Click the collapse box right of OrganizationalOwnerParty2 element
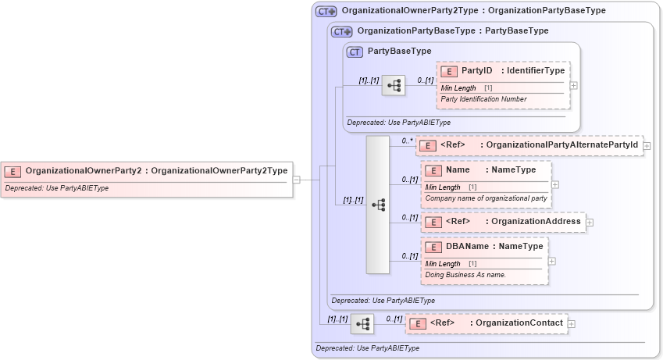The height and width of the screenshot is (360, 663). coord(297,179)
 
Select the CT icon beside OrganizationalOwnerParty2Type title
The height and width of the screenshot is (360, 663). coord(326,11)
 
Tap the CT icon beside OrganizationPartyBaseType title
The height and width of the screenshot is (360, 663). coord(341,31)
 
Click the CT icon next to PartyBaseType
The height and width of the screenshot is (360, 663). coord(355,52)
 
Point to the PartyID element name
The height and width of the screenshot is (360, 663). coord(476,71)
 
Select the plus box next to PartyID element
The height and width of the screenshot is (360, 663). coord(574,84)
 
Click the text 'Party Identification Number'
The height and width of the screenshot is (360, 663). coord(483,99)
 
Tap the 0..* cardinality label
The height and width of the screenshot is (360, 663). coord(407,141)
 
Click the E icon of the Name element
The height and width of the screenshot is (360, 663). coord(433,170)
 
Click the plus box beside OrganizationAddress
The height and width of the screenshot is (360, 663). coord(590,222)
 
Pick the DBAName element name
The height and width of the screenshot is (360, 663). coord(467,247)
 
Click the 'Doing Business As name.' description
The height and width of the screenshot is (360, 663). coord(465,275)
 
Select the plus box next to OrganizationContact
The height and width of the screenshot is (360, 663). coord(572,323)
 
